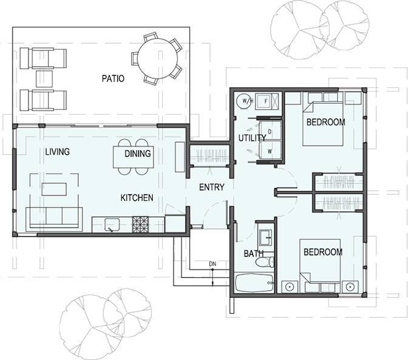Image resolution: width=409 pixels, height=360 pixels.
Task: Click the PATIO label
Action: pos(113,78)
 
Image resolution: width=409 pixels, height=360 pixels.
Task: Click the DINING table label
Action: pos(138,154)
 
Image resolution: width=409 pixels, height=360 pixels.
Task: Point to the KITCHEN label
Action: pos(137,198)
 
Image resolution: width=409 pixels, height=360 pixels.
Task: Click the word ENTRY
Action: pos(212,188)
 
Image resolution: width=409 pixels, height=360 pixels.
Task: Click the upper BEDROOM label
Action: pos(325,122)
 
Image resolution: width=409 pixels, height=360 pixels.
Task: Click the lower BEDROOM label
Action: pos(322,252)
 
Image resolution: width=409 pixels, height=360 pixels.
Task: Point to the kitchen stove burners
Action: pos(141,225)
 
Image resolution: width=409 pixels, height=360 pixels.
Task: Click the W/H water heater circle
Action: pos(246,100)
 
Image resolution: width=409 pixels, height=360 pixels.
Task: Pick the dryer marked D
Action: pos(270,131)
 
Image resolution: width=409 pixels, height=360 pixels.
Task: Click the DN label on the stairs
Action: pos(212,264)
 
